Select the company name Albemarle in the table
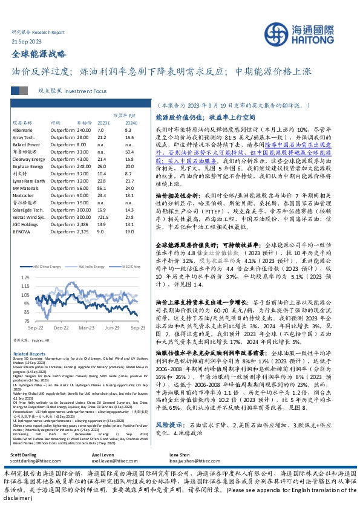coord(24,130)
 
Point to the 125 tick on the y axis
coord(24,294)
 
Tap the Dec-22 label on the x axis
coord(61,327)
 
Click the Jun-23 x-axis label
coord(112,327)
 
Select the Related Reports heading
coord(28,354)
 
